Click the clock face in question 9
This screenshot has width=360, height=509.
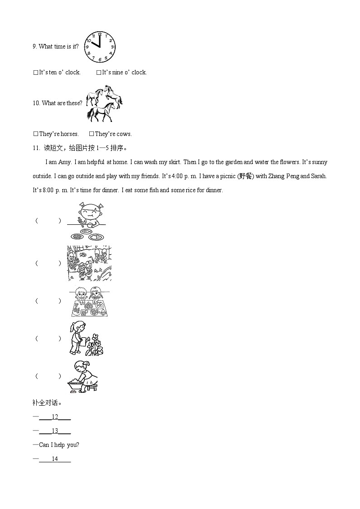coord(100,47)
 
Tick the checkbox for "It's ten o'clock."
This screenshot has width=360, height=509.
coord(36,73)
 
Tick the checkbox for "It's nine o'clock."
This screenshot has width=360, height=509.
coord(98,73)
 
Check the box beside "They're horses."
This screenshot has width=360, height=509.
coord(36,134)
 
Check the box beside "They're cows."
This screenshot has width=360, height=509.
coord(92,134)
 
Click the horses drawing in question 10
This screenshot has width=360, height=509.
coord(104,104)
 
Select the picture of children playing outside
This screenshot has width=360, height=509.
coord(89,263)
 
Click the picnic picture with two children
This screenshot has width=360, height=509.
coord(89,301)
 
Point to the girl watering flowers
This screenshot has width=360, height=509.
coord(86,338)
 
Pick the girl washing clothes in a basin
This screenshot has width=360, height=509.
coord(84,376)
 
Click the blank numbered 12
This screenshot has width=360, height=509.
coord(55,417)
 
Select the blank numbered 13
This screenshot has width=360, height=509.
coord(55,431)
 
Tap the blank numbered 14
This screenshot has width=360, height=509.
coord(55,459)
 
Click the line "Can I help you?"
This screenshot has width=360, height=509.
coord(59,445)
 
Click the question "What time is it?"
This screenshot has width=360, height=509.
coord(58,47)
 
